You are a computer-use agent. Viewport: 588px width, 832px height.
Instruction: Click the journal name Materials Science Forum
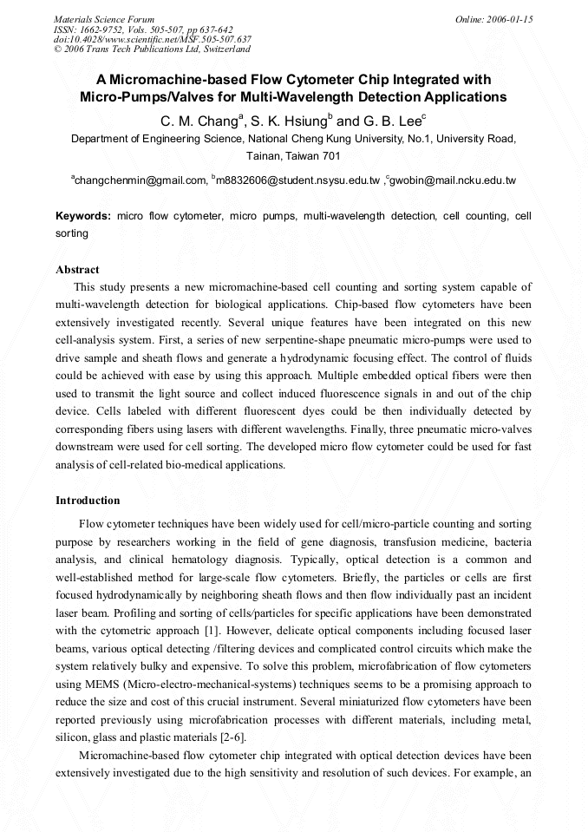pos(104,18)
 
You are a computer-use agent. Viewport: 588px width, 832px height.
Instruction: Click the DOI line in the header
pos(153,39)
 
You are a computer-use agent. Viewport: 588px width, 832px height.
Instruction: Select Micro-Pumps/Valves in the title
pos(140,97)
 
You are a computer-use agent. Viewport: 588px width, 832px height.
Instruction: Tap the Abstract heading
pos(77,270)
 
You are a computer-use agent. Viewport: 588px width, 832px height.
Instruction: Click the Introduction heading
pos(88,501)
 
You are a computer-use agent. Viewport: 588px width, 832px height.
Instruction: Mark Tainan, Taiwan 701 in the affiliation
pos(293,155)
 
